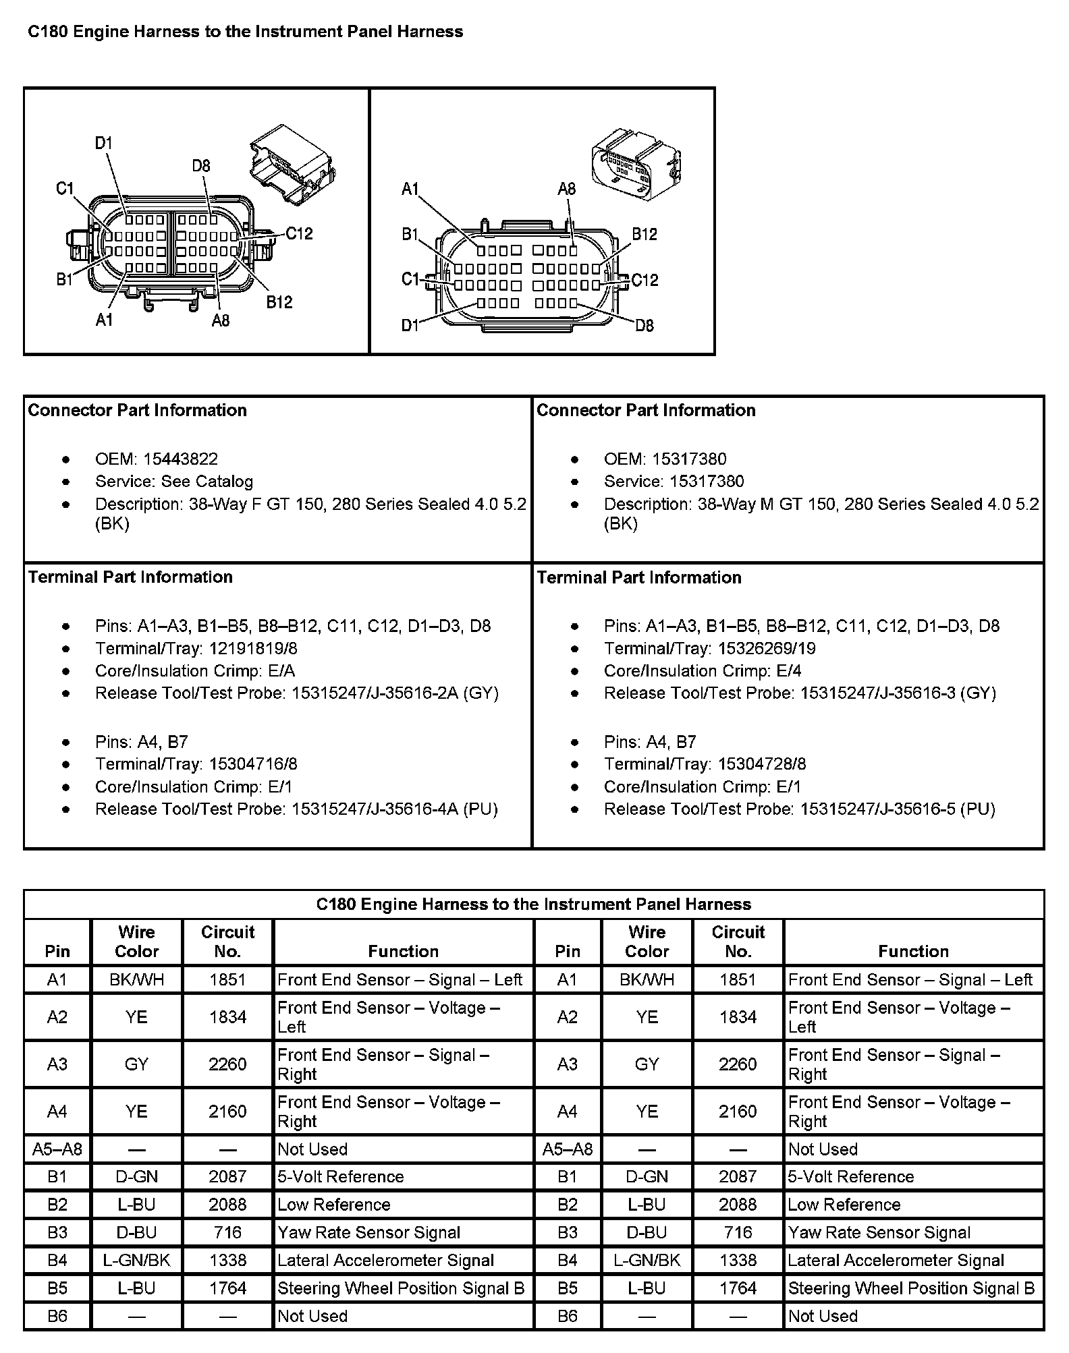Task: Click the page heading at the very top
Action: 245,32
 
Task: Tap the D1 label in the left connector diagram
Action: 103,143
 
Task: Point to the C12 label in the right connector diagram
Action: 645,280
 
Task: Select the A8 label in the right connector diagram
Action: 566,189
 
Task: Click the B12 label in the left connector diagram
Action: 279,301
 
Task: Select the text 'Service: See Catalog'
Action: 173,482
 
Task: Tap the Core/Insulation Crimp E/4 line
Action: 703,671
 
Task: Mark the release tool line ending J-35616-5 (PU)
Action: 800,809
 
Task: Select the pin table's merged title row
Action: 533,904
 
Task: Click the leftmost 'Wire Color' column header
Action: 136,942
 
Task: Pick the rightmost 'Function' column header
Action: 913,951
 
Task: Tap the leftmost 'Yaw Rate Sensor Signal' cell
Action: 368,1233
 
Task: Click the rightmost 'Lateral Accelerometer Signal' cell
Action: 896,1261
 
